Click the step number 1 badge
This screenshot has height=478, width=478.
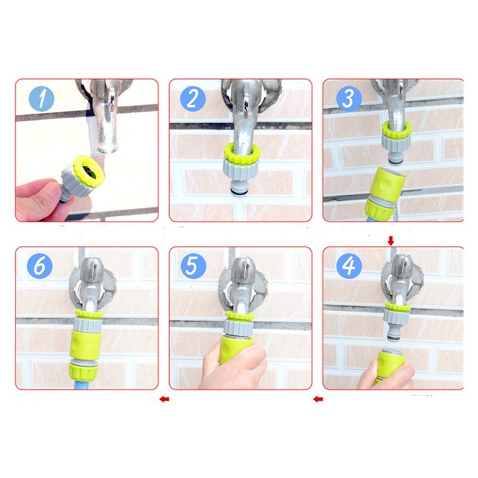41,99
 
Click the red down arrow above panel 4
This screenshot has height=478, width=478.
391,240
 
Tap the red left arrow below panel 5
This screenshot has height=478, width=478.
318,399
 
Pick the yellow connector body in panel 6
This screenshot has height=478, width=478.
88,343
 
